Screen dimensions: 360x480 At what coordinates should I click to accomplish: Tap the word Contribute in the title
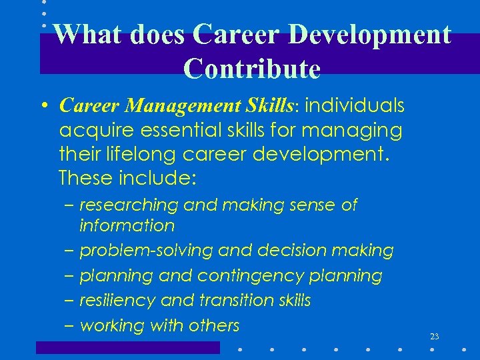(x=252, y=68)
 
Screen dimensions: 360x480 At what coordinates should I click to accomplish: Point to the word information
(x=127, y=226)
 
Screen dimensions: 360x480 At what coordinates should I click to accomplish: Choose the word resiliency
(x=118, y=301)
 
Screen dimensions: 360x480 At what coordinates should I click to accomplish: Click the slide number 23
(x=434, y=337)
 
